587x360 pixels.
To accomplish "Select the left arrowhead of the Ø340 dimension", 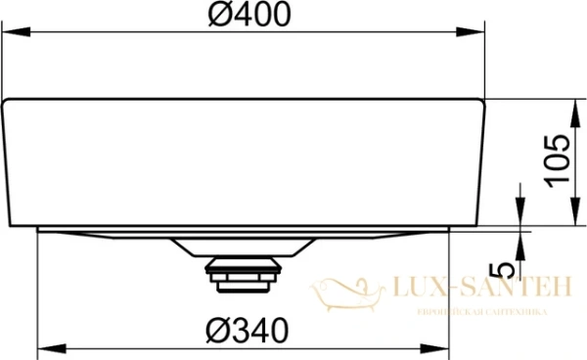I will [44, 349].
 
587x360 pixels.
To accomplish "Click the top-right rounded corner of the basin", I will [480, 102].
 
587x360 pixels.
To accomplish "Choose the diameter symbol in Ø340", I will [218, 332].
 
